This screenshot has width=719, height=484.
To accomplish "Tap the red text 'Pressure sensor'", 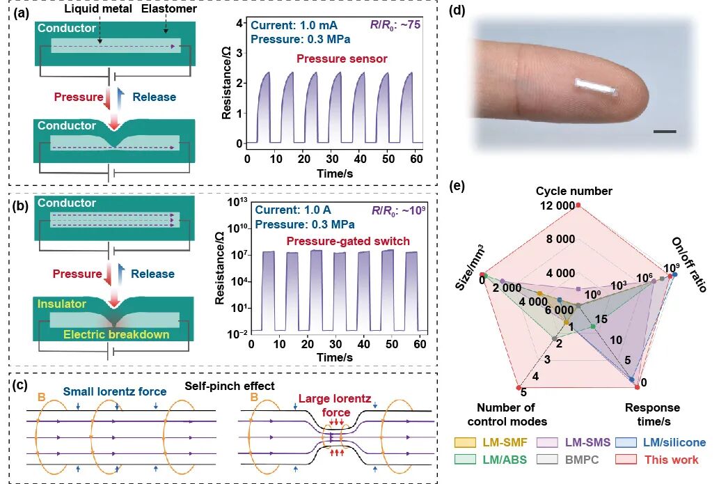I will pyautogui.click(x=342, y=59).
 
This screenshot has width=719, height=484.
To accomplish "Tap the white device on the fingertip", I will pyautogui.click(x=596, y=88).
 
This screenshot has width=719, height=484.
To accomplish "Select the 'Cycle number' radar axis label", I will pyautogui.click(x=574, y=191).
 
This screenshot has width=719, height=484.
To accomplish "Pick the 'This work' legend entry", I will pyautogui.click(x=681, y=460).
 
